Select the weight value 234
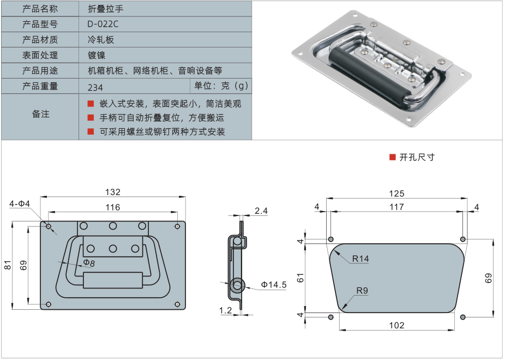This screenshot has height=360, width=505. point(95,87)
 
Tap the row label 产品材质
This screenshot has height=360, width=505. point(40,39)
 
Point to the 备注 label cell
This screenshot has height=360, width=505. point(40,114)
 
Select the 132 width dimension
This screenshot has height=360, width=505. point(113,192)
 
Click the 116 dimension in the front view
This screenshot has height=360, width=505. point(113,207)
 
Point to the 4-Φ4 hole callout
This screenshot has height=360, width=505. point(20,204)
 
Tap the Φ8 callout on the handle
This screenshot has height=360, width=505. point(89,263)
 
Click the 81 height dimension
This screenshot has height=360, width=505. point(8,265)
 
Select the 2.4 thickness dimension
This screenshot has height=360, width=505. point(261,211)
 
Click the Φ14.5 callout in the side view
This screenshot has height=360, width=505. point(273,285)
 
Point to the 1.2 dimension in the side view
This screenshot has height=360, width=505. point(226,310)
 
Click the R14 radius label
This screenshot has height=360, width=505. point(360,259)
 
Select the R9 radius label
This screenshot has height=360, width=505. point(362,291)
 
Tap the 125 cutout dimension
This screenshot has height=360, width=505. point(396,194)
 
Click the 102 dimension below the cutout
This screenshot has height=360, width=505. point(396,325)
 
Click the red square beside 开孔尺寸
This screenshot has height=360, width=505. point(392,157)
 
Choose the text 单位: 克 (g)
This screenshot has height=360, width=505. point(221,86)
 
